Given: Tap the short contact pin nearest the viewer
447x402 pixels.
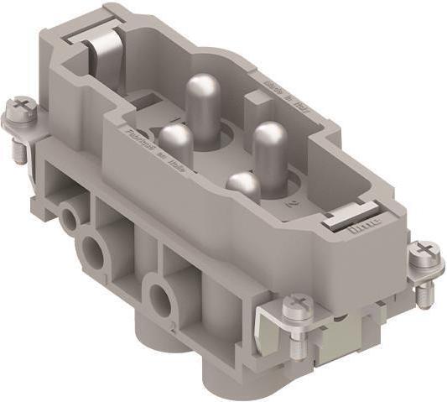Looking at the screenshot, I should (244, 186).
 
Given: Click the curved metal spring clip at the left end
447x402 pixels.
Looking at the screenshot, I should (99, 46).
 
